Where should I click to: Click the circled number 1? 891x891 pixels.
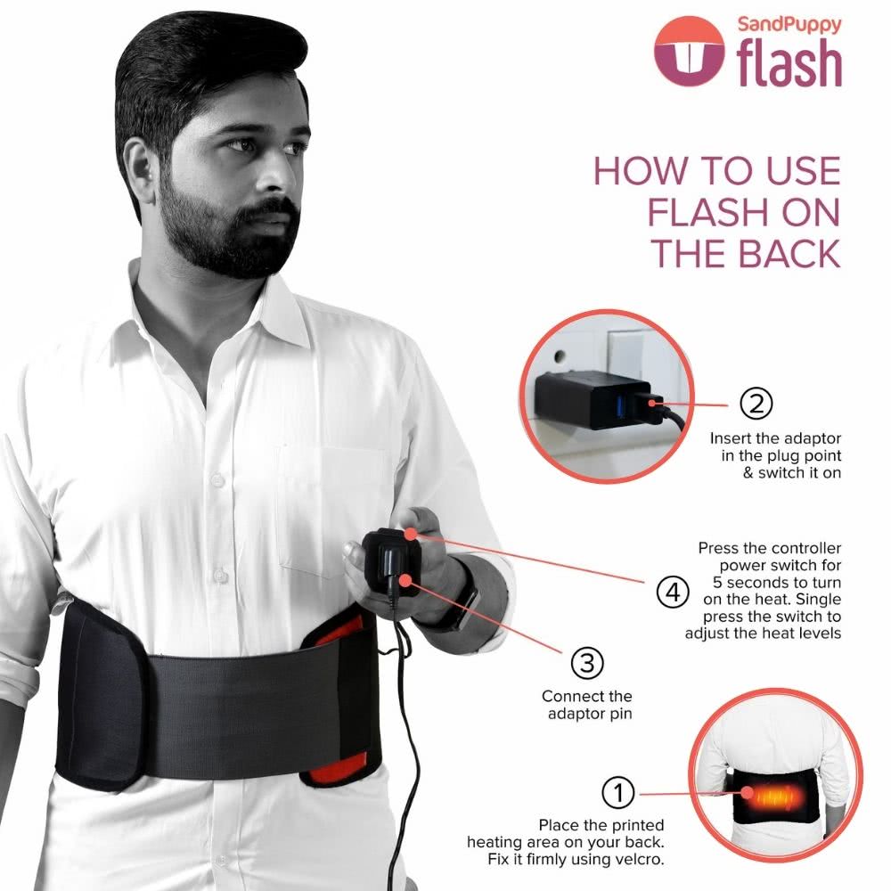tap(619, 792)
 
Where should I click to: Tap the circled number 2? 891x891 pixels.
tap(756, 404)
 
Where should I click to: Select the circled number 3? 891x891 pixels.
tap(586, 662)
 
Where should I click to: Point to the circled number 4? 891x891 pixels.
tap(672, 591)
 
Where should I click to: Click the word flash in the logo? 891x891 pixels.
tap(789, 63)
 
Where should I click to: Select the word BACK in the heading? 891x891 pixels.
tap(778, 253)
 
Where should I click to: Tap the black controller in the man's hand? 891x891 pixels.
tap(392, 560)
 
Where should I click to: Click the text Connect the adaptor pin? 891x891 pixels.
tap(586, 705)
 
